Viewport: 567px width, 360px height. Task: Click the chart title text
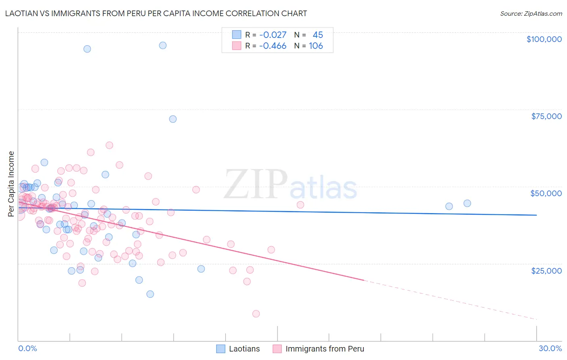pos(156,13)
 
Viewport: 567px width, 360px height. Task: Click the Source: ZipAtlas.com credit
pos(531,13)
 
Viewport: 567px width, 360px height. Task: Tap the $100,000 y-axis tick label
pos(544,39)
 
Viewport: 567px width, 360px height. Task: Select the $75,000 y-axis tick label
pos(546,116)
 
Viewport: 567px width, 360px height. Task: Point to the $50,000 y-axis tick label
pos(546,193)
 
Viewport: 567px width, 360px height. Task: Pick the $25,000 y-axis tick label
pos(546,270)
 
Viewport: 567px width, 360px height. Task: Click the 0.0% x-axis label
pos(27,348)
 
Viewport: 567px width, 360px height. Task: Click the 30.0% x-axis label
pos(550,348)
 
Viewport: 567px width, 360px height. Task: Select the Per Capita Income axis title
pos(11,184)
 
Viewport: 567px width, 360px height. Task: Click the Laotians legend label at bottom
pos(244,349)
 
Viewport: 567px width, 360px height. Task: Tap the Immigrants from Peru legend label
pos(325,349)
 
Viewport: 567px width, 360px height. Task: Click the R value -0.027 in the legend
pos(273,35)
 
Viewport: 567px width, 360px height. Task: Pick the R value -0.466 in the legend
pos(273,46)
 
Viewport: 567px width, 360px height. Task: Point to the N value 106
pos(316,46)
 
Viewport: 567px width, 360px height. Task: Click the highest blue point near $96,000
pos(163,45)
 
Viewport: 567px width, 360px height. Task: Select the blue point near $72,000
pos(173,119)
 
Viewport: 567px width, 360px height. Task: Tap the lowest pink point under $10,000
pos(256,314)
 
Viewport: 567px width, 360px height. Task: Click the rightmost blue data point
pos(467,203)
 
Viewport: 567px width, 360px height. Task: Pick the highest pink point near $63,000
pos(109,145)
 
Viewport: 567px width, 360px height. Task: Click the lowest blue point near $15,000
pos(150,294)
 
